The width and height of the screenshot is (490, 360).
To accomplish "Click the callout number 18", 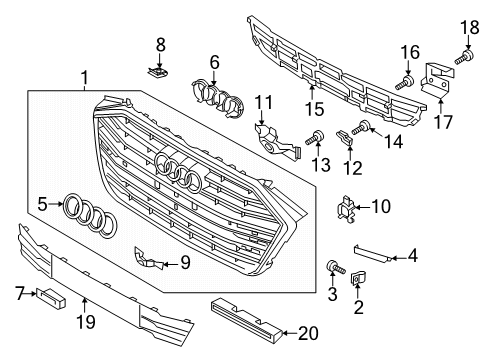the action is [x=470, y=27].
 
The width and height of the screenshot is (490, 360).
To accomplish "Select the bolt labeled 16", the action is [x=404, y=83].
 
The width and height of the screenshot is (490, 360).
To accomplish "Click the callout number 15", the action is [x=315, y=109].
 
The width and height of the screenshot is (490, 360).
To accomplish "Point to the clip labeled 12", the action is [x=345, y=138].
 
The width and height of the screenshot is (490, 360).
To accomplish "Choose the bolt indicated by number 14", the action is [x=361, y=128].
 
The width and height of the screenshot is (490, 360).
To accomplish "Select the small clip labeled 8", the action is [x=158, y=71].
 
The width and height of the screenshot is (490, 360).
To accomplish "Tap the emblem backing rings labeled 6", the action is [x=217, y=98].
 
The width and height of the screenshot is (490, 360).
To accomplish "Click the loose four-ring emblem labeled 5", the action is [x=89, y=217].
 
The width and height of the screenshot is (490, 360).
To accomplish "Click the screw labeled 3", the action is [x=335, y=268].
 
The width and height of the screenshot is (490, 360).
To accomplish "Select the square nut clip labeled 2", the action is [x=357, y=278].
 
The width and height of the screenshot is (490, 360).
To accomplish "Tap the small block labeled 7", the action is [x=51, y=296].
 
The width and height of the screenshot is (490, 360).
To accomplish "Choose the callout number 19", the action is [x=86, y=322].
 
